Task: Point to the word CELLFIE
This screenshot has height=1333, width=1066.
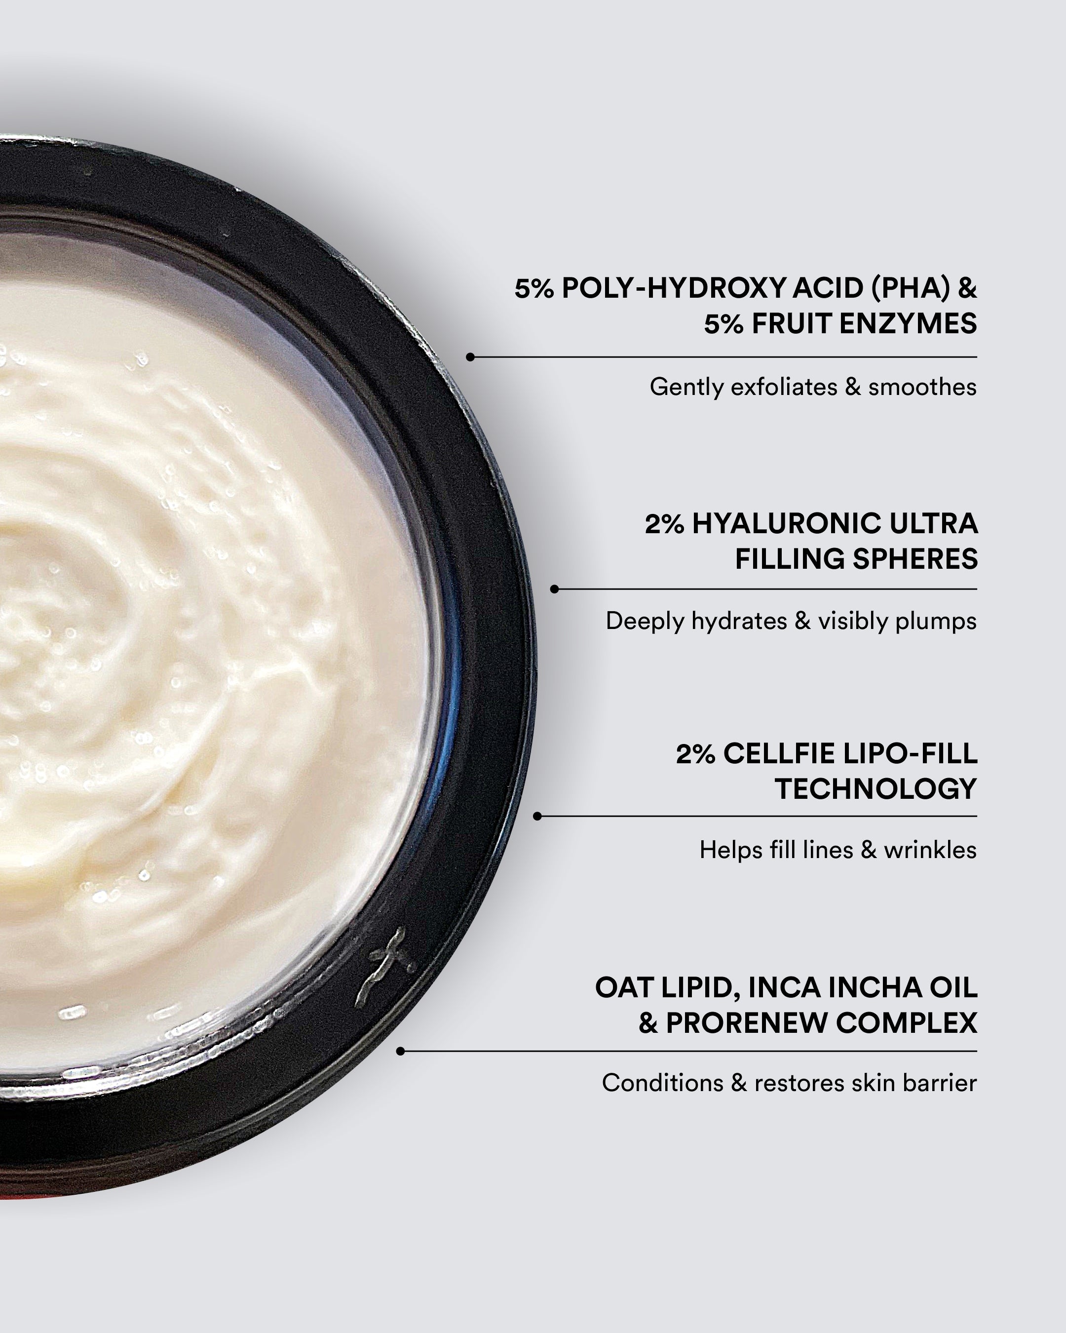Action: [x=782, y=754]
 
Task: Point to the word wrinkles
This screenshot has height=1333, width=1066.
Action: [x=930, y=850]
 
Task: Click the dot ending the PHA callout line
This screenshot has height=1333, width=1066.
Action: [x=470, y=357]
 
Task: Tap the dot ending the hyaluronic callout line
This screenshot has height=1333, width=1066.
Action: [x=554, y=589]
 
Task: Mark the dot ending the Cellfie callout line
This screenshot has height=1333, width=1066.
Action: [x=537, y=816]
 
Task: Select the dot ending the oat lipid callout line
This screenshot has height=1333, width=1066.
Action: [x=400, y=1051]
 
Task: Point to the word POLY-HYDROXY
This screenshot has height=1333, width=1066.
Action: [x=673, y=288]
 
